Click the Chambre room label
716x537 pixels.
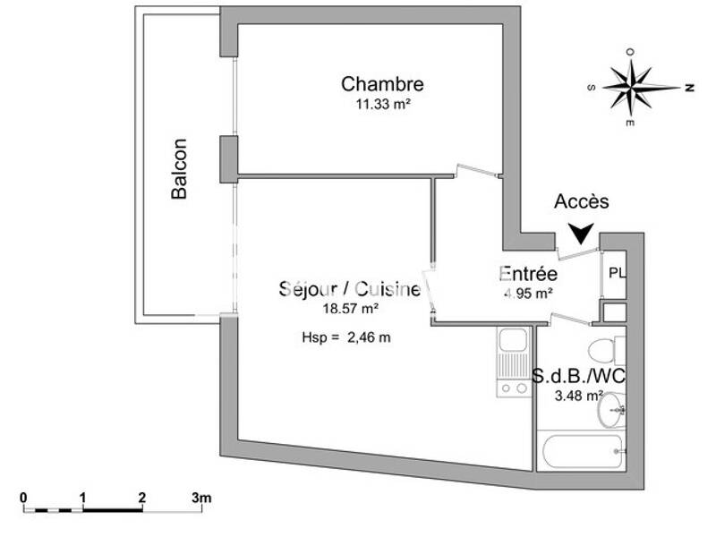click(382, 84)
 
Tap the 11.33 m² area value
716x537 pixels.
click(382, 103)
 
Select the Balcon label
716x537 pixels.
click(180, 168)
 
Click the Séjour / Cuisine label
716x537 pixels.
click(349, 289)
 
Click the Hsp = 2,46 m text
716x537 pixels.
click(348, 337)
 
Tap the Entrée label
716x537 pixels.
click(529, 274)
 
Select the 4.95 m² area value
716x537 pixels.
click(529, 292)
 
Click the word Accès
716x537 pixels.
click(581, 201)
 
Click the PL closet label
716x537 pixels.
click(617, 272)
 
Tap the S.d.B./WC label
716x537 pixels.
click(578, 376)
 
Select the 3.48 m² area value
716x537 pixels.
click(579, 395)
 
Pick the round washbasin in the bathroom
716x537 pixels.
click(613, 412)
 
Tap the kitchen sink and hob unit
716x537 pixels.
click(513, 362)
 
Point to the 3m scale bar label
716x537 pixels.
click(201, 497)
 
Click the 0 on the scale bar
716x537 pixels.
click(24, 497)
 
